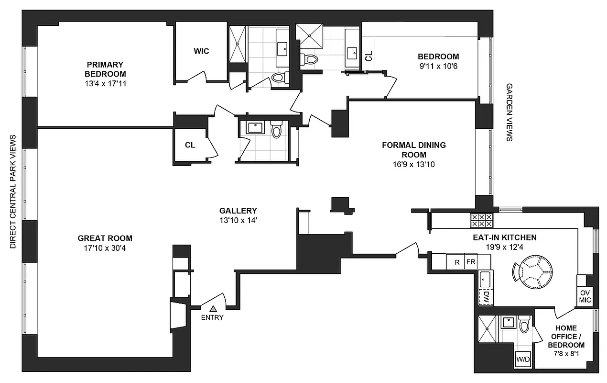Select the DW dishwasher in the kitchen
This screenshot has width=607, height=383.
pyautogui.click(x=486, y=296)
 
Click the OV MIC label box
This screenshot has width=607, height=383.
pyautogui.click(x=585, y=296)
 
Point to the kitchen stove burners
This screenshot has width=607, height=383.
pyautogui.click(x=481, y=220)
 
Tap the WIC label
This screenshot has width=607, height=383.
pyautogui.click(x=201, y=51)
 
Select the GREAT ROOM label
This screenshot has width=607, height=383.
pyautogui.click(x=105, y=238)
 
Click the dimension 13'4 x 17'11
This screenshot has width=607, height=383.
pyautogui.click(x=105, y=83)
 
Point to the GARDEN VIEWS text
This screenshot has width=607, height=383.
pyautogui.click(x=509, y=113)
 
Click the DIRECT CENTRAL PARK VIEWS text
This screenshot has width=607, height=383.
pyautogui.click(x=13, y=191)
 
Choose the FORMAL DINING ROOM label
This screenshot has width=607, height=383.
pyautogui.click(x=413, y=149)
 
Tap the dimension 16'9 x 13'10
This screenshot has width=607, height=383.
pyautogui.click(x=413, y=164)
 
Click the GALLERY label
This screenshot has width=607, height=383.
pyautogui.click(x=238, y=210)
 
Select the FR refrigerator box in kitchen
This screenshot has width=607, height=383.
pyautogui.click(x=471, y=262)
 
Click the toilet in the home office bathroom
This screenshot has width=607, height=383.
pyautogui.click(x=524, y=326)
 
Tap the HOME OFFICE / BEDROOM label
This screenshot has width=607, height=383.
pyautogui.click(x=566, y=337)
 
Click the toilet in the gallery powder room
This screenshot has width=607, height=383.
pyautogui.click(x=277, y=130)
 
